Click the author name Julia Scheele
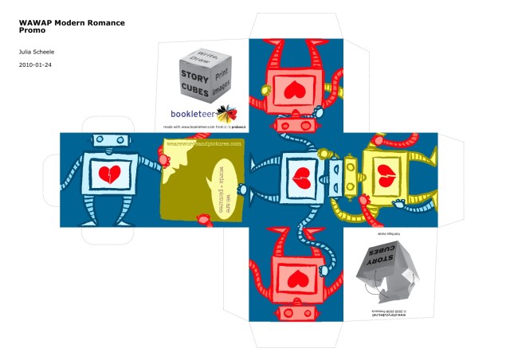(x=37, y=51)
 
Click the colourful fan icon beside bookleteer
(x=227, y=112)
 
